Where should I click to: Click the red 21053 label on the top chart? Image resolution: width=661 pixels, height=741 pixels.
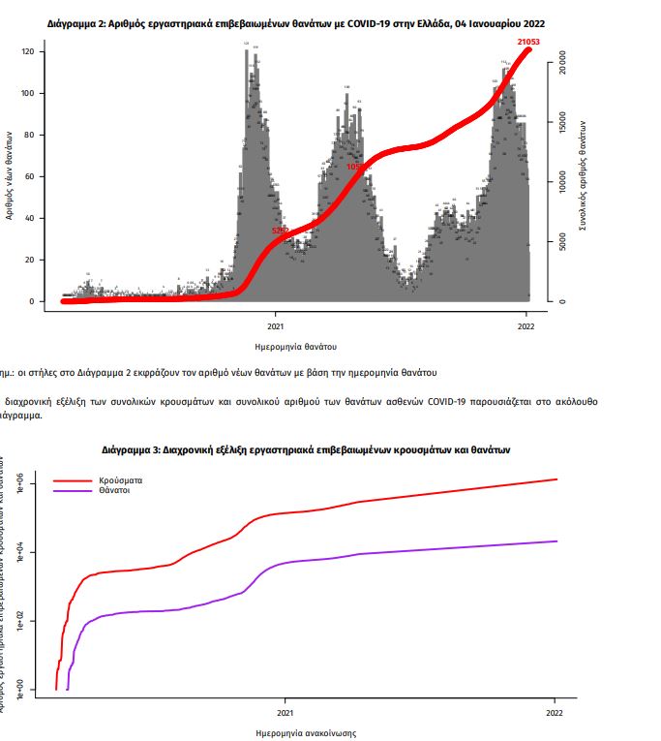tap(528, 43)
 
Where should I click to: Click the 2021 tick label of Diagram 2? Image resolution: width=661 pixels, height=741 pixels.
tap(275, 324)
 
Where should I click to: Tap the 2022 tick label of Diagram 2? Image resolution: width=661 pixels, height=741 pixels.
tap(526, 324)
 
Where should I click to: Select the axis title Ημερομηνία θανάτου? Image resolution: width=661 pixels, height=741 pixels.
tap(296, 346)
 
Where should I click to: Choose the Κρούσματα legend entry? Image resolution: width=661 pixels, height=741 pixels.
tap(121, 480)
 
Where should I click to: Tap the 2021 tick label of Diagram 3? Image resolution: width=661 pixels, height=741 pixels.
tap(284, 712)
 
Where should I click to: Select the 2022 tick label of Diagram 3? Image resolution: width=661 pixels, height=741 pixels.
tap(555, 712)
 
